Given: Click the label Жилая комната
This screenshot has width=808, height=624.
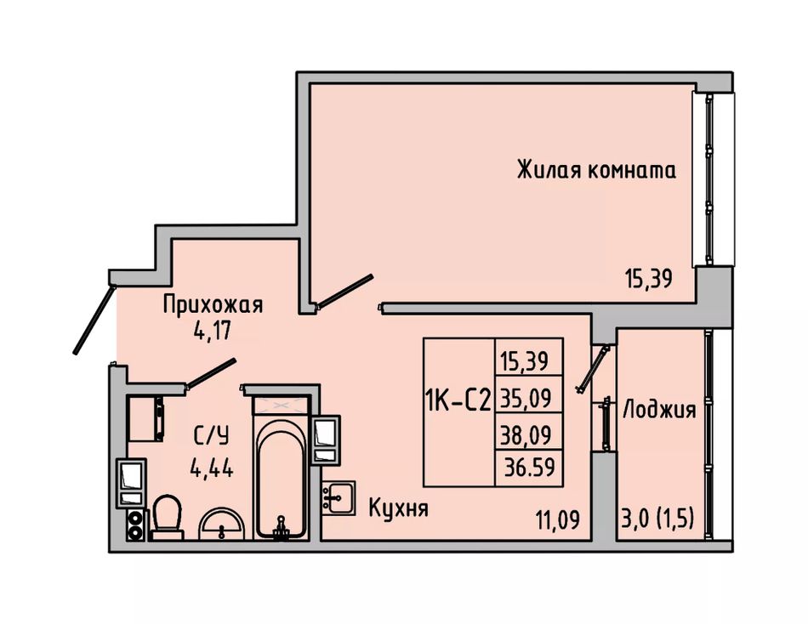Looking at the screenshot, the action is point(596,170).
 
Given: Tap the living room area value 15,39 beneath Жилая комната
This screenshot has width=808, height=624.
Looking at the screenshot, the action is point(649,280).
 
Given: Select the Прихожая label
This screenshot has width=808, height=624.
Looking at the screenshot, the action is point(213,304).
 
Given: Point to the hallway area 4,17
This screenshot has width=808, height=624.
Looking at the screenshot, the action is point(211,330).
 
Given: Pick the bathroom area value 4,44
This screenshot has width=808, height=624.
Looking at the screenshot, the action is point(211,468).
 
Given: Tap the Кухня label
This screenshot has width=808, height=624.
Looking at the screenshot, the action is point(399,508).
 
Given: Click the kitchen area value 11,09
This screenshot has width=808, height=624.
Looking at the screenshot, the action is point(559,520).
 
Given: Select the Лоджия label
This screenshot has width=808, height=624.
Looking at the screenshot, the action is point(660,410).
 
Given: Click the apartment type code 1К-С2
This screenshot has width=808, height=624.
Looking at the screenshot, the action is point(458,400).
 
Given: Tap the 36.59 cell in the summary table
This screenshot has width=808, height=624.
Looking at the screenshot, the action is point(529,468).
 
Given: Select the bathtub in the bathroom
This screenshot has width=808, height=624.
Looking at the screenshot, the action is point(281,477).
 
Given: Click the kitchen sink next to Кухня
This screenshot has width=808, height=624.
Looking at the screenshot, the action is point(339,498).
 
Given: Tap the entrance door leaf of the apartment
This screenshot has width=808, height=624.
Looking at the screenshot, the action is point(94,320).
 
